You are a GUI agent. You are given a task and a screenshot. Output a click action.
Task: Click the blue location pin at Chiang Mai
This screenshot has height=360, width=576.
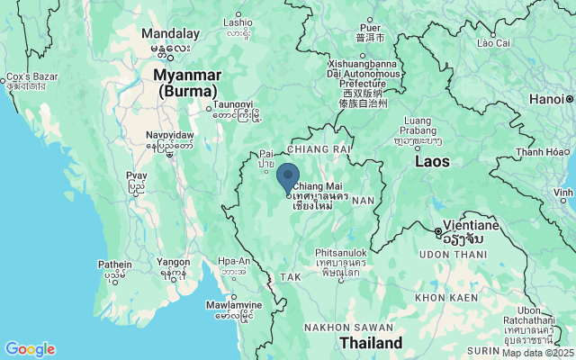[x=288, y=177]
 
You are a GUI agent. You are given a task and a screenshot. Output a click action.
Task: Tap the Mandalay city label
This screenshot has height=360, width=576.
[x=169, y=33]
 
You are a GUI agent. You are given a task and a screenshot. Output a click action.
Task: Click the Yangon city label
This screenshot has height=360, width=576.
[x=172, y=263]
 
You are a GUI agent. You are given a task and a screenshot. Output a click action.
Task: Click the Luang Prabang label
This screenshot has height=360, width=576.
[x=418, y=125]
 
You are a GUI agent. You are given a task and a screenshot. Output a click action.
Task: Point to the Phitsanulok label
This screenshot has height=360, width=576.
[x=337, y=255]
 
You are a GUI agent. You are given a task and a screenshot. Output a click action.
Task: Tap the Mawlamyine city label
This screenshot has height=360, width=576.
[x=233, y=305]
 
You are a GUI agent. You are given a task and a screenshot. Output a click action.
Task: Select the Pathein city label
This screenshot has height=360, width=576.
[x=113, y=265]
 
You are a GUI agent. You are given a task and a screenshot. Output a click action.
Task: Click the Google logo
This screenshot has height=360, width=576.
[x=30, y=349]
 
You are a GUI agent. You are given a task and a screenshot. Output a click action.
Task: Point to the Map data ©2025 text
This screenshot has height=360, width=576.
[x=536, y=353]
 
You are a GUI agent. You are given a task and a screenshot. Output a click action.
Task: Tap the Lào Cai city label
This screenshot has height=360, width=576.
[x=493, y=41]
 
